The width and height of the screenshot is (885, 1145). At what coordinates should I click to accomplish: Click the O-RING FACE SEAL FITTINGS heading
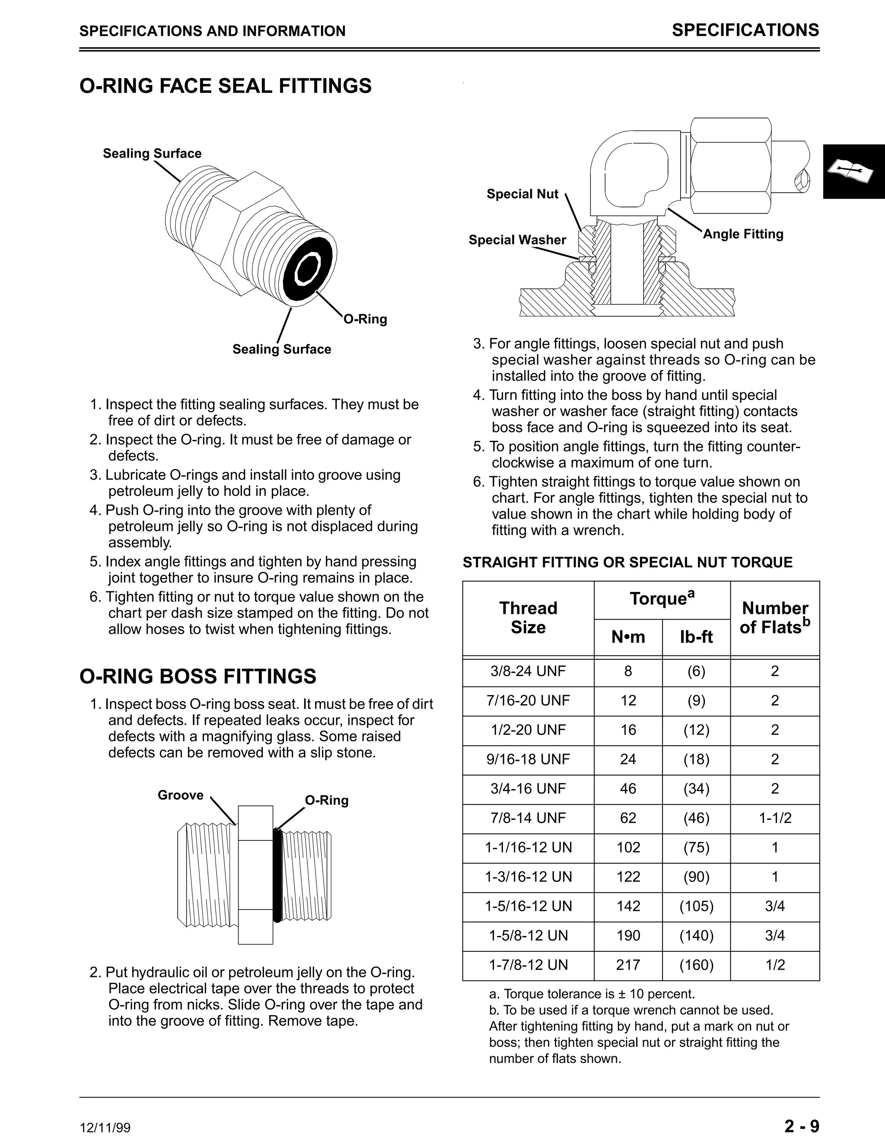pyautogui.click(x=226, y=86)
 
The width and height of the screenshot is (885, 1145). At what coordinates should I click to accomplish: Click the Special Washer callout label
pyautogui.click(x=517, y=240)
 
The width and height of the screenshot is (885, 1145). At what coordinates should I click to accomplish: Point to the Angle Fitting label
pyautogui.click(x=742, y=234)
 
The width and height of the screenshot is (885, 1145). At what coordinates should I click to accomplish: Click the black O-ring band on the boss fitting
pyautogui.click(x=277, y=875)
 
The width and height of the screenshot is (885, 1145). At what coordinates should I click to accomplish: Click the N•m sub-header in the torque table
pyautogui.click(x=628, y=636)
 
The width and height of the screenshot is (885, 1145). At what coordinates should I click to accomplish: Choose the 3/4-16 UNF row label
pyautogui.click(x=528, y=789)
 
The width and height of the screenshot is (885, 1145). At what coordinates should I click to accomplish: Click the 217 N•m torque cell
pyautogui.click(x=628, y=965)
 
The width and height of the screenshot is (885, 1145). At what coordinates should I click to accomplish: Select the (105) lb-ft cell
pyautogui.click(x=696, y=906)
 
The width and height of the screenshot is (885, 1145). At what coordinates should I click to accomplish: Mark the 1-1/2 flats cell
pyautogui.click(x=774, y=818)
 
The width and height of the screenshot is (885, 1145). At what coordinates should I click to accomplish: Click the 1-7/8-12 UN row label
pyautogui.click(x=528, y=965)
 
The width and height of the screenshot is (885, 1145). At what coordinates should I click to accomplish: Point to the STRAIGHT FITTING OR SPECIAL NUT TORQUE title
pyautogui.click(x=627, y=563)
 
